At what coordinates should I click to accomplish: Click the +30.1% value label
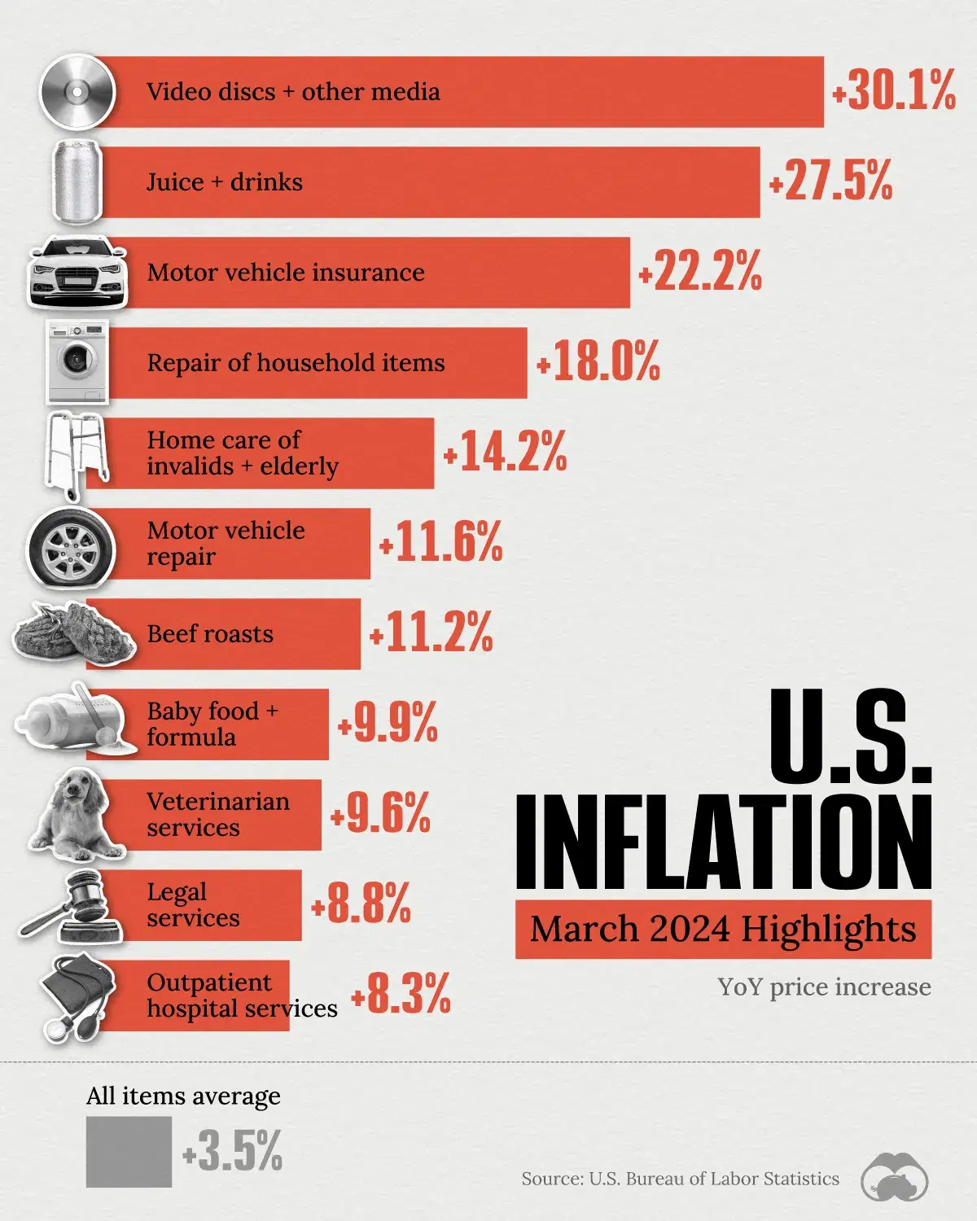pyautogui.click(x=893, y=90)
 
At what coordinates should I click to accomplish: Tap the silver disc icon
pyautogui.click(x=77, y=91)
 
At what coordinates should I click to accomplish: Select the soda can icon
pyautogui.click(x=77, y=182)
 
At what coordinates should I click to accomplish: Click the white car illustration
pyautogui.click(x=77, y=273)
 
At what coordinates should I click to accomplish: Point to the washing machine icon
pyautogui.click(x=77, y=362)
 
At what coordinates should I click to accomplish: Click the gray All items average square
pyautogui.click(x=129, y=1151)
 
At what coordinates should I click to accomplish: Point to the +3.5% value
pyautogui.click(x=232, y=1151)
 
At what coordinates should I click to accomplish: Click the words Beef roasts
pyautogui.click(x=210, y=634)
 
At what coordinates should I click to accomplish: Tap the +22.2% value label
pyautogui.click(x=700, y=272)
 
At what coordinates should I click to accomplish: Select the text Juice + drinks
pyautogui.click(x=224, y=182)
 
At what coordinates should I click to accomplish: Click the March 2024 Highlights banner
pyautogui.click(x=723, y=929)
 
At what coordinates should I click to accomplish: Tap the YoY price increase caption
pyautogui.click(x=824, y=987)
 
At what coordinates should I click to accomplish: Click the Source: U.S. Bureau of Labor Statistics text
pyautogui.click(x=680, y=1179)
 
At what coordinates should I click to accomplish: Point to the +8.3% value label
pyautogui.click(x=401, y=994)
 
